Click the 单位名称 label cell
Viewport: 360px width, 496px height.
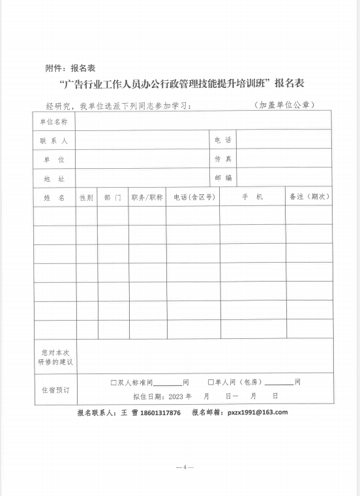(x=53, y=121)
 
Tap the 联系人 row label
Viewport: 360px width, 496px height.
(x=53, y=140)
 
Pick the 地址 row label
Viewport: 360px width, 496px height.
(x=53, y=178)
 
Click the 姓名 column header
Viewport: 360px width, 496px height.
(x=53, y=197)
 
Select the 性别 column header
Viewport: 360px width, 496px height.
(x=86, y=197)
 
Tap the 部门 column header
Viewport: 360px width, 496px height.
(x=112, y=197)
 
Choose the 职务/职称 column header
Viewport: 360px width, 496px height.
(x=147, y=197)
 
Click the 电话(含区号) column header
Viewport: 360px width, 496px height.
(x=192, y=197)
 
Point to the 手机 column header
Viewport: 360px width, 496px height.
(x=252, y=197)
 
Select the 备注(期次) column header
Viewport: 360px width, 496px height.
(x=309, y=197)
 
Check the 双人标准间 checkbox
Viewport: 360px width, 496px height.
(x=113, y=383)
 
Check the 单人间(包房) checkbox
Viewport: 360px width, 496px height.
(x=211, y=383)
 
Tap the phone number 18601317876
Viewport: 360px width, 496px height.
(x=157, y=413)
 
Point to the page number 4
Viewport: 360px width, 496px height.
(x=185, y=467)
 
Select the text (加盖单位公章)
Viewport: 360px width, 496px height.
(x=284, y=105)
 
